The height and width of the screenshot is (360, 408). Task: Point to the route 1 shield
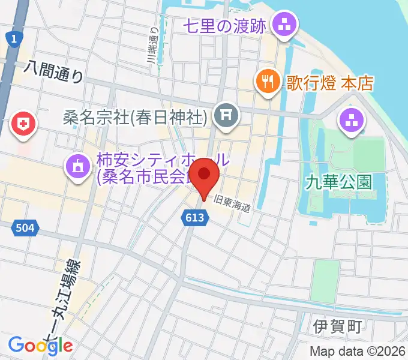point(12,38)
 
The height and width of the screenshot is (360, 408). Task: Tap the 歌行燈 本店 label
point(329,83)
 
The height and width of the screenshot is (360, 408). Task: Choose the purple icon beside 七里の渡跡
point(281,25)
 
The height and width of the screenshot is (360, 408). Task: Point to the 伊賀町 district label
point(338,327)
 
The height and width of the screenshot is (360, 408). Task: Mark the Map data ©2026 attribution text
point(357,351)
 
